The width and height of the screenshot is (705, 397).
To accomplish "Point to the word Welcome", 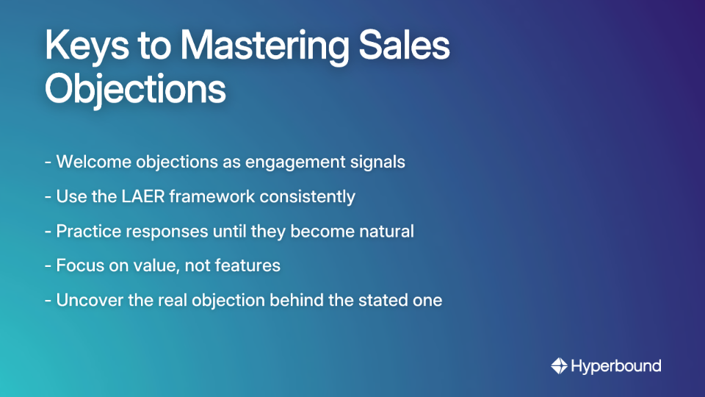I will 90,162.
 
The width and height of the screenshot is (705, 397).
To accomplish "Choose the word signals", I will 377,162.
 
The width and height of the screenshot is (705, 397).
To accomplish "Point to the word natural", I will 386,231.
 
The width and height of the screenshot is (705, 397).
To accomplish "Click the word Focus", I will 78,265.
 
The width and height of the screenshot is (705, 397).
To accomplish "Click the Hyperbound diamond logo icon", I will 559,365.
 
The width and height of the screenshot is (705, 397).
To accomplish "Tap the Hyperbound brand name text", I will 616,365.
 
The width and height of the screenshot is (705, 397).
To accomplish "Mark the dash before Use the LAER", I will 48,196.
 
